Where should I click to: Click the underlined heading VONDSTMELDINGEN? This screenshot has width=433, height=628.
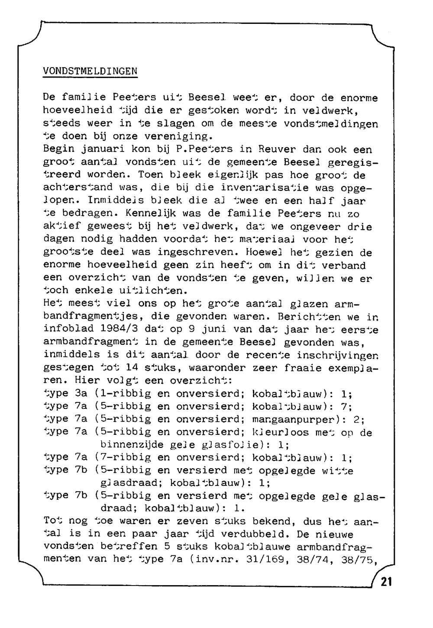coord(90,71)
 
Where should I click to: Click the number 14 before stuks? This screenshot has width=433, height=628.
coord(131,368)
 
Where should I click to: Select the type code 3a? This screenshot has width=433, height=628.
coord(81,394)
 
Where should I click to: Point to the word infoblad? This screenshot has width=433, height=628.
coord(68,330)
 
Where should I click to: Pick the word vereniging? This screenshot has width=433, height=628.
coord(182,136)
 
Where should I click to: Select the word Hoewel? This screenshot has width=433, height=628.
coord(264,252)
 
